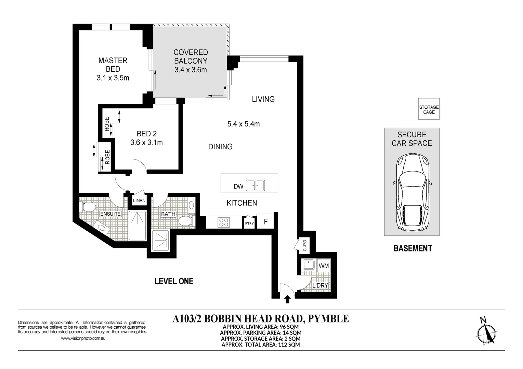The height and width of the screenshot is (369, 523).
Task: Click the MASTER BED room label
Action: tap(113, 65)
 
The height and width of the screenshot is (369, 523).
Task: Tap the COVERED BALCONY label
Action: tap(191, 57)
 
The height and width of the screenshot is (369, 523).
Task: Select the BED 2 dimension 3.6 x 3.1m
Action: tap(146, 142)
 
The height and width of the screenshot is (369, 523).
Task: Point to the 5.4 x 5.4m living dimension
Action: tap(243, 124)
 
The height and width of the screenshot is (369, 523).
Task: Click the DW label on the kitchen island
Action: tap(238, 186)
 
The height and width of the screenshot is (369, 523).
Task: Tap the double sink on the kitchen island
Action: tap(255, 186)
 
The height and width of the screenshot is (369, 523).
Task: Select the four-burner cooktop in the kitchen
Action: tap(224, 222)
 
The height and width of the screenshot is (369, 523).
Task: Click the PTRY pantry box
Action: tap(249, 223)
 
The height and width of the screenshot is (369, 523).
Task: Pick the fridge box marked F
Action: tap(265, 222)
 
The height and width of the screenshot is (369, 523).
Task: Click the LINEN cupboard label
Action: tap(139, 201)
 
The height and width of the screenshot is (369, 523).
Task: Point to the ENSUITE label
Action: tap(110, 214)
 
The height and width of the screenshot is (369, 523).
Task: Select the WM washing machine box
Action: tap(324, 265)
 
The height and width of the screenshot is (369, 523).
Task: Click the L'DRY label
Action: tap(320, 285)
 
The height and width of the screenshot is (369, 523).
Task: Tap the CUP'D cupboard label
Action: tap(305, 246)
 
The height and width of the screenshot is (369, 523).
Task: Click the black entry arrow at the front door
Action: tap(287, 299)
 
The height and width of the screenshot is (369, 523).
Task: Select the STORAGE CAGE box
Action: tap(429, 109)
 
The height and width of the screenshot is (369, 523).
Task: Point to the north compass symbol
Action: tap(487, 333)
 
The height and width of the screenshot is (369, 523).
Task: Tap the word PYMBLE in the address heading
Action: tap(328, 318)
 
